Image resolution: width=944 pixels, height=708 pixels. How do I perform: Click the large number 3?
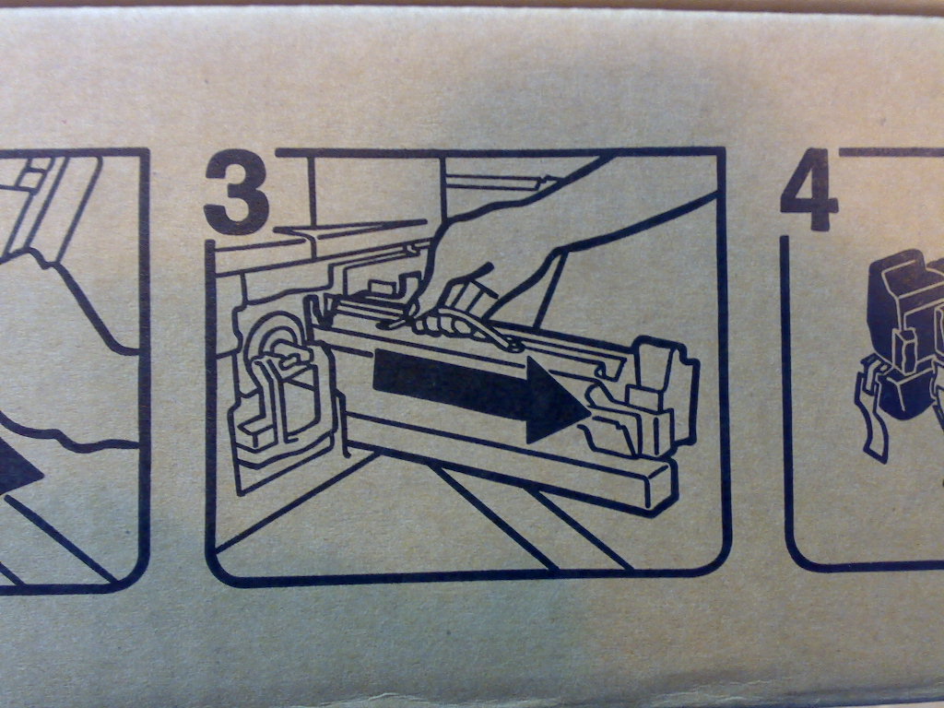(237, 192)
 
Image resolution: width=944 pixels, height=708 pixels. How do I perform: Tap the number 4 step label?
(808, 189)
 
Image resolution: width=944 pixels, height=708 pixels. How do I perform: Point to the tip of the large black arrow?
(589, 413)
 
